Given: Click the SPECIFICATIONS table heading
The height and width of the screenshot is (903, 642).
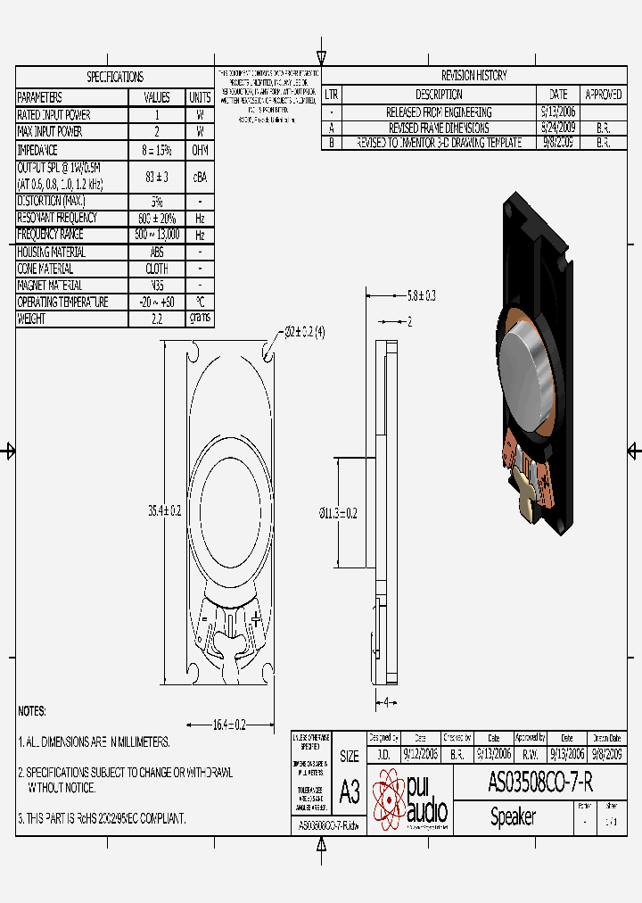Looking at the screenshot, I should [x=114, y=77].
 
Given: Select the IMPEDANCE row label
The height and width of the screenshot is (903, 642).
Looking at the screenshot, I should [x=37, y=150].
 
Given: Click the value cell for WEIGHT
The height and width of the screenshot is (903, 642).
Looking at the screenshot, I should [x=157, y=319].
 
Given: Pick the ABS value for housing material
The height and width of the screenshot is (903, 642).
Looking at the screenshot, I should [x=157, y=252].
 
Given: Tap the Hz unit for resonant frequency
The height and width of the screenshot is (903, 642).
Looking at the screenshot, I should [x=200, y=218].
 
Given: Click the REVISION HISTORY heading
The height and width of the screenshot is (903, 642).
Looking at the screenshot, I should [x=473, y=76].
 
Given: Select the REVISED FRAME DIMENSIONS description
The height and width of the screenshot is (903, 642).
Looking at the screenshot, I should [x=438, y=128].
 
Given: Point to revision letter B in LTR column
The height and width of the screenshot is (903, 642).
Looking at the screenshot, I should [x=331, y=143].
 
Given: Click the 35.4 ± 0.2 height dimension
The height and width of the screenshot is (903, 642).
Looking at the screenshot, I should [x=164, y=510].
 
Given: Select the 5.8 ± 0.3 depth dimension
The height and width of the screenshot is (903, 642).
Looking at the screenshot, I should [x=421, y=294].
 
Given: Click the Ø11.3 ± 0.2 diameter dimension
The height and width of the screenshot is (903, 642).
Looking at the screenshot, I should [x=339, y=513].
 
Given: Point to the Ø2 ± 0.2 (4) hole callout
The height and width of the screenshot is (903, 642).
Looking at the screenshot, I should [x=305, y=331].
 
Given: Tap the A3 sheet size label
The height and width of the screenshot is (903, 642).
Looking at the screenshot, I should [x=350, y=792].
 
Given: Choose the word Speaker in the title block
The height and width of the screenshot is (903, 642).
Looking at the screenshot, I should [x=513, y=817].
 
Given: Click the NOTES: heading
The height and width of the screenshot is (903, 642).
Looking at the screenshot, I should [x=32, y=711].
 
